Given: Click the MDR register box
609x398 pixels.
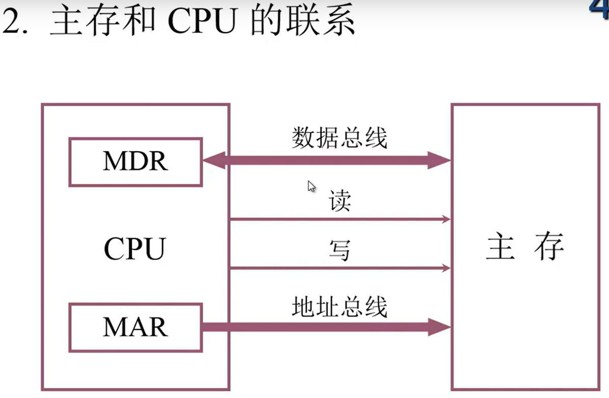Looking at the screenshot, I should (136, 161).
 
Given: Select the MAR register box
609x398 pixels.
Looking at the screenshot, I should (136, 327).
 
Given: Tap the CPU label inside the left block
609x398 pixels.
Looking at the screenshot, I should (135, 249).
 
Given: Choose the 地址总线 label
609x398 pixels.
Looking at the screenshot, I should (339, 306).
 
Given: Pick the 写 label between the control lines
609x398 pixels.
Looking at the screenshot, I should (339, 250).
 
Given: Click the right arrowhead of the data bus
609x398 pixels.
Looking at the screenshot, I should (439, 160).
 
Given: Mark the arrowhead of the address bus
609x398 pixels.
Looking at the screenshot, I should (439, 327).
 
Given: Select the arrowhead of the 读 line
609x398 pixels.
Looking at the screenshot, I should (446, 220).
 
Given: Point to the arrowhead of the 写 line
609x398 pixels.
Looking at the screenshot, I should (446, 268).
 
